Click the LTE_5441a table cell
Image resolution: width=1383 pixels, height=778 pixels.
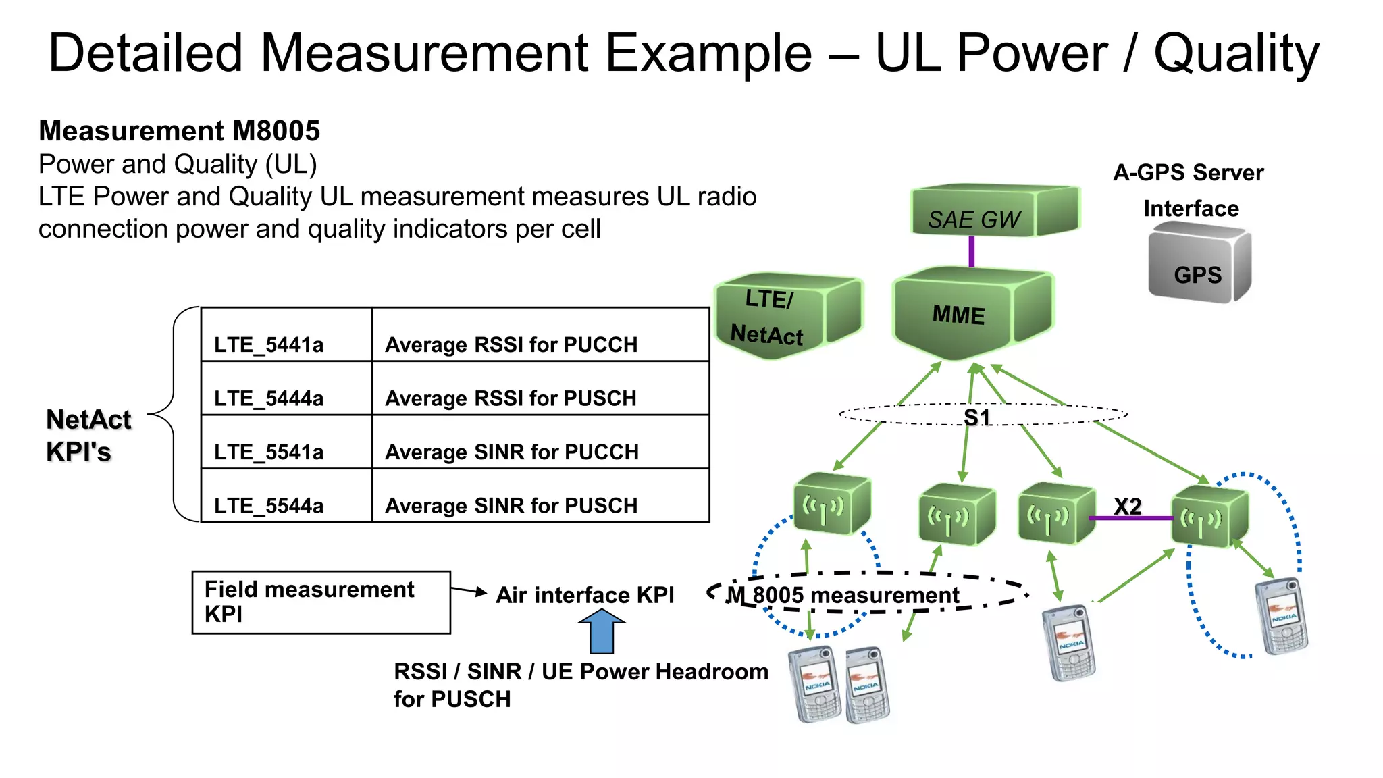286,336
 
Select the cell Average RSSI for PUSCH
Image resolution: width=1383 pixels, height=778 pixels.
540,389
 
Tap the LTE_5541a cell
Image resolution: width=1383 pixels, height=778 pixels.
286,442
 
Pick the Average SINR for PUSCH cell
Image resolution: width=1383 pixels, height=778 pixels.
540,496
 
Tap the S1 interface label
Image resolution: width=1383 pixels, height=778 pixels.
977,417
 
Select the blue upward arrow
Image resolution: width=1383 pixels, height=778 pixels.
602,631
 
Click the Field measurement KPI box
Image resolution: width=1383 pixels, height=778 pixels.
321,602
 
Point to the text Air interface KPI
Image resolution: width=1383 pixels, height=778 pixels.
585,595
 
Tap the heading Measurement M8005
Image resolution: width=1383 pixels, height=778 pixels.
179,131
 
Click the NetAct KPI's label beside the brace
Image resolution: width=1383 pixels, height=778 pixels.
88,435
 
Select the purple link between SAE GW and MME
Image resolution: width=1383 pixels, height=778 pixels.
971,252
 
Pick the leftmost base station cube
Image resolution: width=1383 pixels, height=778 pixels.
831,504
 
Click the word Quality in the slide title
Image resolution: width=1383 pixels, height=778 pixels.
1236,54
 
